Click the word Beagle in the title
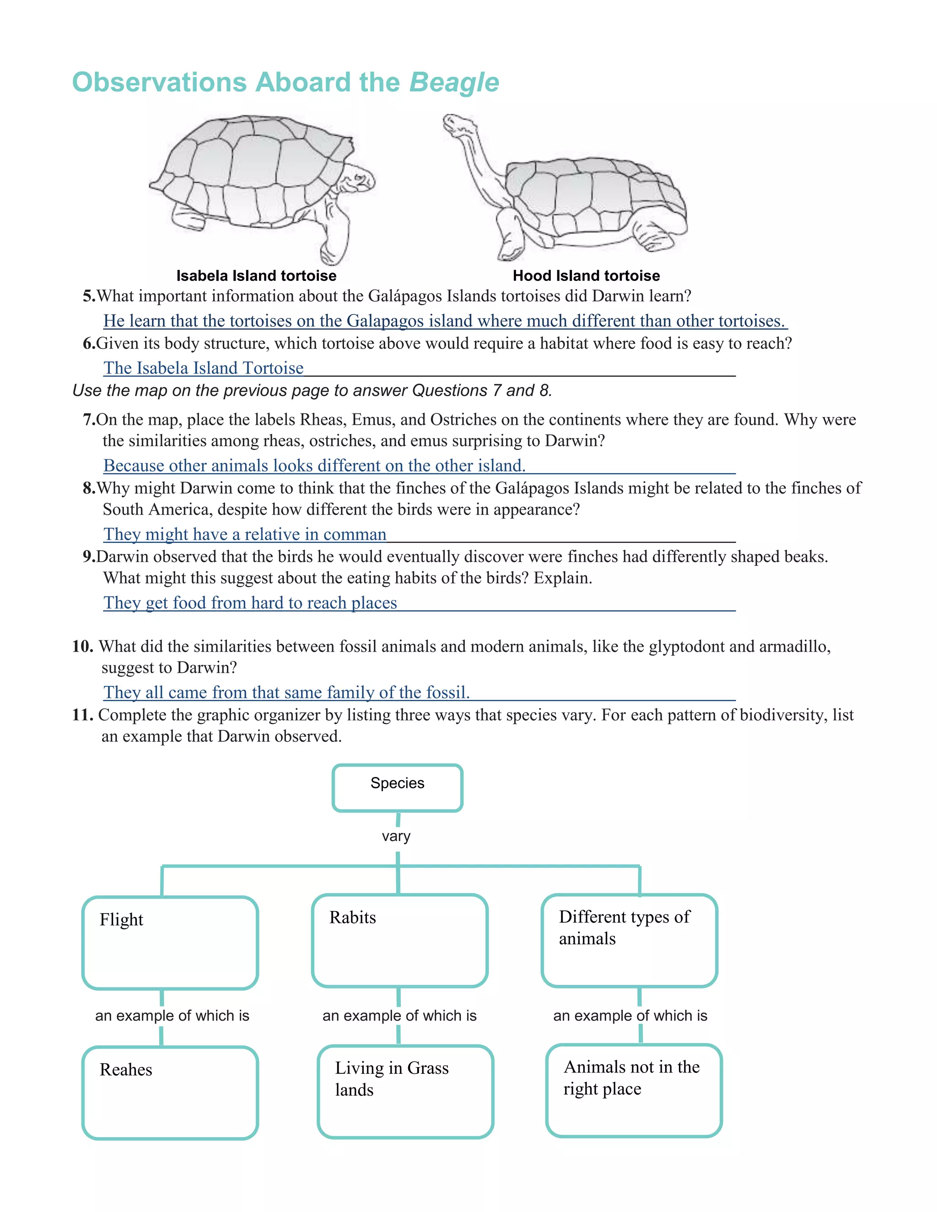pos(454,83)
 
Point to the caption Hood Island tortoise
pos(586,276)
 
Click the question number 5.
pos(89,296)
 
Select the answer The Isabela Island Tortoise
pos(203,368)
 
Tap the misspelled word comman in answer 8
pos(354,534)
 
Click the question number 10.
pos(83,647)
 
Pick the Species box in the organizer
pos(398,788)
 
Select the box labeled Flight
pos(170,942)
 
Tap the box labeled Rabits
pos(400,941)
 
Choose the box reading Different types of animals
pos(630,941)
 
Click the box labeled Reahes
pos(170,1092)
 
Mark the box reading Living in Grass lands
pos(405,1091)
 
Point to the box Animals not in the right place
pos(634,1090)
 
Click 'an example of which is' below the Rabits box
pos(399,1015)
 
